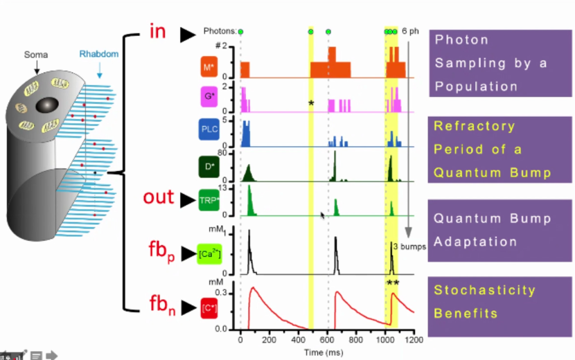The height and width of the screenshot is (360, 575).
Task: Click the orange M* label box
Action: tap(207, 68)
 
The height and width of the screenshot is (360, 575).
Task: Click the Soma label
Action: tap(36, 53)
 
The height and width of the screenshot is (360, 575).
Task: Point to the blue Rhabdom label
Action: tap(99, 53)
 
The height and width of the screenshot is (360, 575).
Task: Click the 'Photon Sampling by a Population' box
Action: tap(499, 63)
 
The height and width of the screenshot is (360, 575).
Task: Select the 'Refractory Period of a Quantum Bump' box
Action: tap(499, 150)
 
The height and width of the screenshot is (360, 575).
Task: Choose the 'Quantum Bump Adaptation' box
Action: tap(499, 231)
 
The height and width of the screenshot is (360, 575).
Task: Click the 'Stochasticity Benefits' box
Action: tap(499, 302)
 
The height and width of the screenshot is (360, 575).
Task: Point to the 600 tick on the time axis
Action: tap(328, 340)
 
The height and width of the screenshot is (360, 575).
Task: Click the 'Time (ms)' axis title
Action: tap(328, 352)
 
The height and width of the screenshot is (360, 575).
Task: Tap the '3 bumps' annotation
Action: tap(405, 246)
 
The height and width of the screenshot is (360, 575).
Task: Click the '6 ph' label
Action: tap(411, 31)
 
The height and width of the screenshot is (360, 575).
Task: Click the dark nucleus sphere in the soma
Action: tap(47, 105)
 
